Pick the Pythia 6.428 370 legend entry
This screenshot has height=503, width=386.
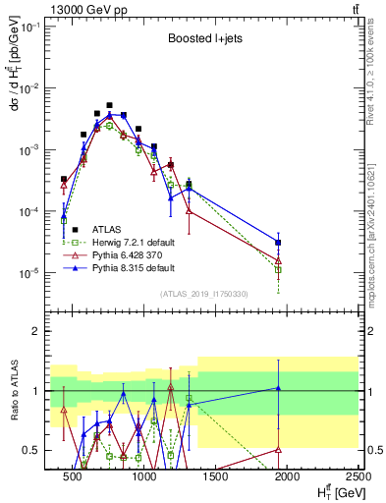pyautogui.click(x=134, y=254)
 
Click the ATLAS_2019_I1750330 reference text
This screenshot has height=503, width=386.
pyautogui.click(x=204, y=293)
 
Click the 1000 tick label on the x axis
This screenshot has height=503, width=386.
pyautogui.click(x=144, y=476)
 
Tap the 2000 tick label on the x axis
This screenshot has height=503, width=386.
pyautogui.click(x=287, y=476)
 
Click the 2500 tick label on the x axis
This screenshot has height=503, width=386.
pyautogui.click(x=356, y=476)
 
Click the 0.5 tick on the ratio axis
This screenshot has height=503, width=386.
pyautogui.click(x=36, y=450)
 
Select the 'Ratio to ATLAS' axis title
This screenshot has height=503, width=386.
pyautogui.click(x=12, y=391)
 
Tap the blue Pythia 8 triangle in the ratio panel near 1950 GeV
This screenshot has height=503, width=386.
pyautogui.click(x=279, y=388)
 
